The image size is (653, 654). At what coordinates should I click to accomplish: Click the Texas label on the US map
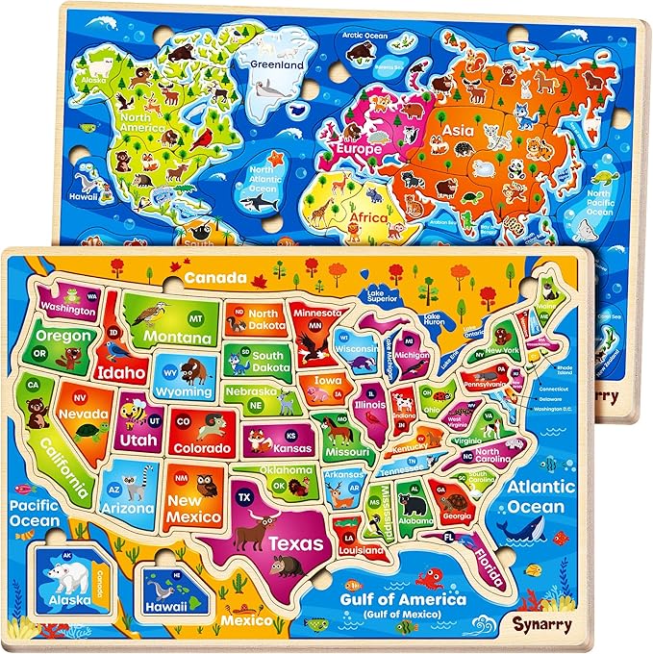pos(295,542)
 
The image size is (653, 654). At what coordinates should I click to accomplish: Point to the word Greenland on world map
pos(278,64)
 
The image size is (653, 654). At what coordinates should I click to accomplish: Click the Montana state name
pos(180,339)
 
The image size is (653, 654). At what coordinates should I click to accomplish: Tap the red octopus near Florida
pos(431,579)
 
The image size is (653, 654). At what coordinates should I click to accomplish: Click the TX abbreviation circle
pos(243,496)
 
